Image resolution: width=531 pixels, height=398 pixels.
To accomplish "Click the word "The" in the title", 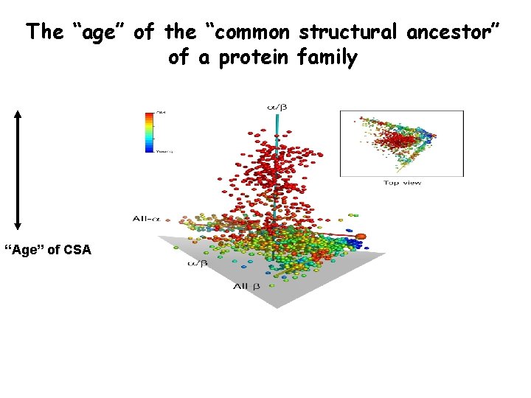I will (44, 32).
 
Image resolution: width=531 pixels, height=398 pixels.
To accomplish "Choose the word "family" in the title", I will (330, 57).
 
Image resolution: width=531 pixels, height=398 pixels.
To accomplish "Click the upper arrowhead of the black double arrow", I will (18, 115).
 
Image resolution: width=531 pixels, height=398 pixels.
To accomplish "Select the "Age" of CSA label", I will (48, 250).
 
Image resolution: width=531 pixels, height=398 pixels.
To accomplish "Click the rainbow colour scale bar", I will (150, 131).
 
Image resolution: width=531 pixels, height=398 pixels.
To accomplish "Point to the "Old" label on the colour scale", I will (161, 112).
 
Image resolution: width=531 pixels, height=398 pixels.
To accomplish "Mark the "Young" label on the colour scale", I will (164, 151).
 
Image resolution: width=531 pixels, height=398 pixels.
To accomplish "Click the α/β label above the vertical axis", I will (276, 108).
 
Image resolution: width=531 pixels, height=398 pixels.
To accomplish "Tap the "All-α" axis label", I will (147, 218).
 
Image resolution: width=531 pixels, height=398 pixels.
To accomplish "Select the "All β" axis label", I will (246, 285).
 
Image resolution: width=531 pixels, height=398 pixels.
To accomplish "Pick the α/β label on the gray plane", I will (196, 262).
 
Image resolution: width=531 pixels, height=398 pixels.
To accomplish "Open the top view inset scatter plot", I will (401, 143).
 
